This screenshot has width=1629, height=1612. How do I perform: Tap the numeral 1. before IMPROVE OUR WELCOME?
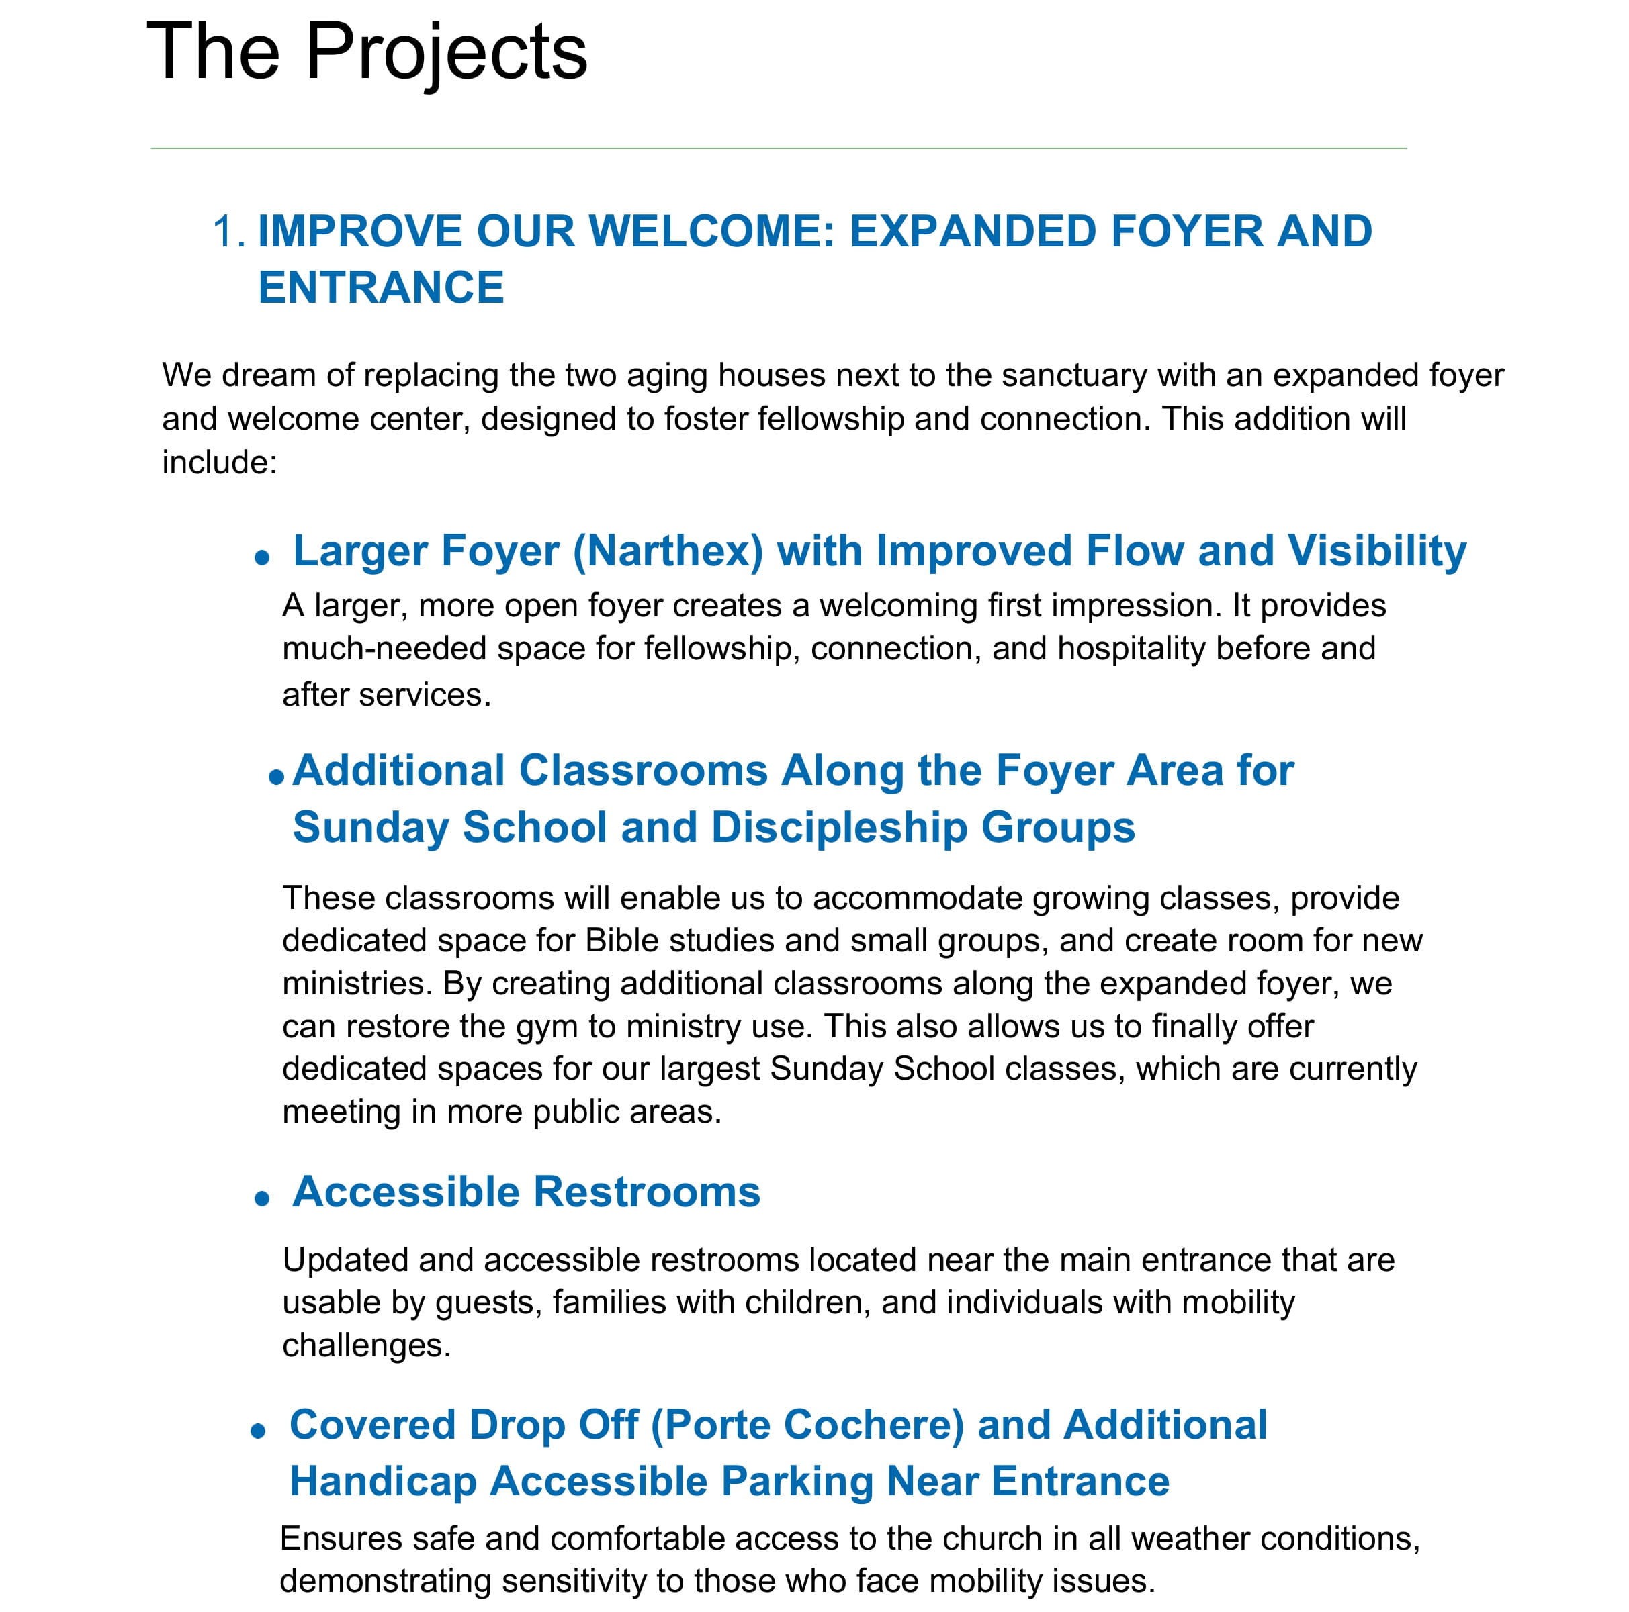pos(228,232)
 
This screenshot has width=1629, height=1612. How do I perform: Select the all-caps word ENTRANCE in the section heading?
pos(380,287)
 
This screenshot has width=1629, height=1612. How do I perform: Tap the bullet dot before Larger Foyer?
pos(262,557)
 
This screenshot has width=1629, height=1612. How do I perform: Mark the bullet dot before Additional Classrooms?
pos(275,777)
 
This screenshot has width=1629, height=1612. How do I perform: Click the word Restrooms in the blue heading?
pos(646,1192)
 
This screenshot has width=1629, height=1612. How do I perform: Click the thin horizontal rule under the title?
pos(779,148)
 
